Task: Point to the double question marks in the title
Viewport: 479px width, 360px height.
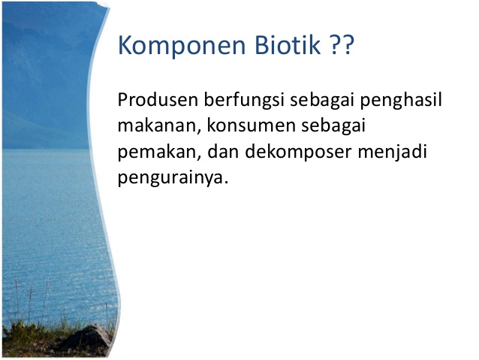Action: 342,47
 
